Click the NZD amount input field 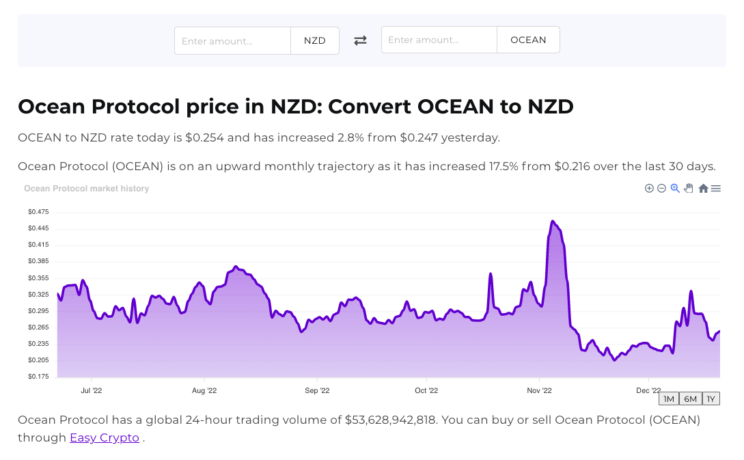click(232, 41)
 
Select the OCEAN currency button click(528, 40)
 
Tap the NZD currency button click(315, 41)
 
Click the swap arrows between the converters click(360, 40)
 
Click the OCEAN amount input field click(439, 40)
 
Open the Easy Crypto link click(105, 437)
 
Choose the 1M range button click(669, 399)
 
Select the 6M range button click(690, 399)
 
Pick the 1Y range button click(711, 399)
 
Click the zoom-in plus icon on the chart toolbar click(649, 189)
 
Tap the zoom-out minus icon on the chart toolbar click(661, 189)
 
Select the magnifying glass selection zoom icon click(675, 189)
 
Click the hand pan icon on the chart click(689, 189)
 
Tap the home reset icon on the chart click(703, 189)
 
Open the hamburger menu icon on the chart click(716, 189)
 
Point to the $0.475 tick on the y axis click(38, 212)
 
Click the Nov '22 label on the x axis click(539, 391)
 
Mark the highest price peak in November click(553, 221)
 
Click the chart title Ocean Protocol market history click(87, 189)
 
